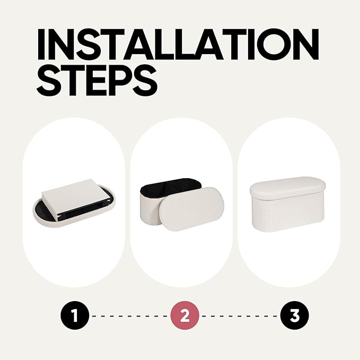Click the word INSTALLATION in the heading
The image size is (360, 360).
(178, 44)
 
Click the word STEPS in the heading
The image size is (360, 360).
(97, 81)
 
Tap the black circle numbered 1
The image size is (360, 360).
(74, 315)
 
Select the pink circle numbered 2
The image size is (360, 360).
(185, 315)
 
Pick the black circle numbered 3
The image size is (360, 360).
(295, 315)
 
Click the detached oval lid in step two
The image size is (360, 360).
(192, 209)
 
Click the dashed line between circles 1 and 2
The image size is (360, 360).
(129, 316)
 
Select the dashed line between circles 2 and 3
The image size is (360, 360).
(240, 316)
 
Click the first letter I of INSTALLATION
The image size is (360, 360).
(41, 44)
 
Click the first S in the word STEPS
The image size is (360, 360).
(48, 81)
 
